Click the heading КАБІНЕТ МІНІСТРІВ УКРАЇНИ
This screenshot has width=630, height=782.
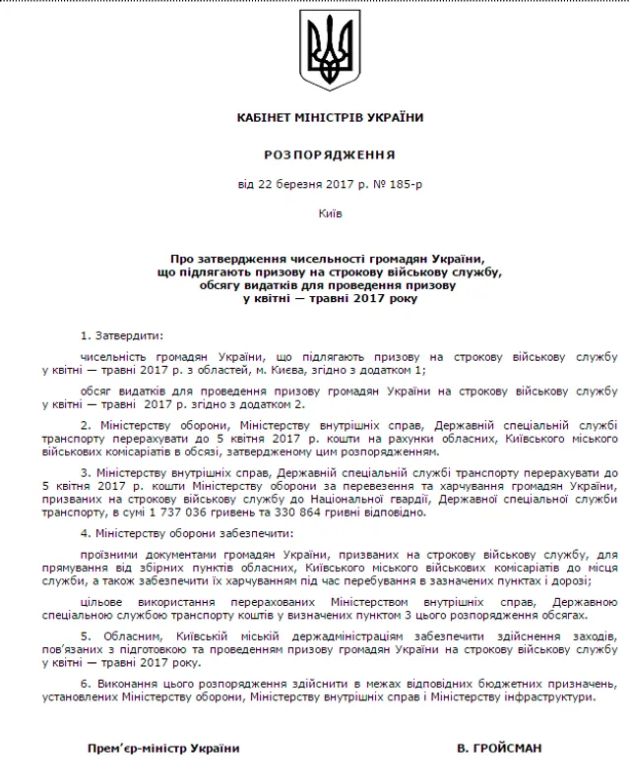coord(331,118)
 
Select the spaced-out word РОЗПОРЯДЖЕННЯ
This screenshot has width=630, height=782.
coord(331,154)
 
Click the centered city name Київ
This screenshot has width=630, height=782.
coord(331,212)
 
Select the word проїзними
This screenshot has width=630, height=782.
coord(110,553)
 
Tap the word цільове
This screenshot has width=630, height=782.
coord(104,602)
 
